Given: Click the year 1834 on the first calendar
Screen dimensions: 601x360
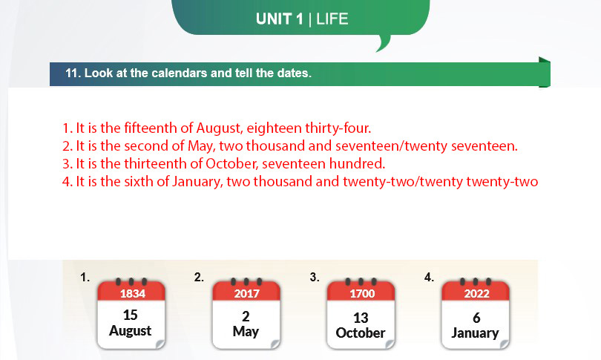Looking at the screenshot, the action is pos(133,294).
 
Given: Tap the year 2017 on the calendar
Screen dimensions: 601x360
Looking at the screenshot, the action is pos(247,294).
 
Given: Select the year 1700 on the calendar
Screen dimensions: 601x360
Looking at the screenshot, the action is pos(362,294).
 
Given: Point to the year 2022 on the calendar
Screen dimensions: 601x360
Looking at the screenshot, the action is pos(477,294).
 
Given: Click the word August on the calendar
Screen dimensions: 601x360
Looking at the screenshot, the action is pos(131,331).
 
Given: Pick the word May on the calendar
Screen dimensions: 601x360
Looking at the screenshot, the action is pos(246,332).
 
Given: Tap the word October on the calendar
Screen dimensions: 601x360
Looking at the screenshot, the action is pos(361,333).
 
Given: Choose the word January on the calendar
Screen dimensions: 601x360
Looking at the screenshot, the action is pos(475,333).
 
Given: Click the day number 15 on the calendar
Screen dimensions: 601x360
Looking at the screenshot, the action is pos(131,315).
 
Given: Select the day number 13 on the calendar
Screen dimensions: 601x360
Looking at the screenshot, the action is pos(361,318).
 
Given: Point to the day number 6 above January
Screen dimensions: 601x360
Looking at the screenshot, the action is pos(476,318).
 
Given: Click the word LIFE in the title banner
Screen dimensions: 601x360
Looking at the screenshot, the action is pos(332,19).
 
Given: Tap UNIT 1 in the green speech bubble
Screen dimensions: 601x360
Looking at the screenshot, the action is pos(280,19).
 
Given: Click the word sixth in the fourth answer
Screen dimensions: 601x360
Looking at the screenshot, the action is pos(138,181).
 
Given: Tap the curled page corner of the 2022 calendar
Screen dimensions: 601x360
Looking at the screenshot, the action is pos(505,344).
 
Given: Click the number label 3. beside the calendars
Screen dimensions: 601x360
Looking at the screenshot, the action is pos(315,277).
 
